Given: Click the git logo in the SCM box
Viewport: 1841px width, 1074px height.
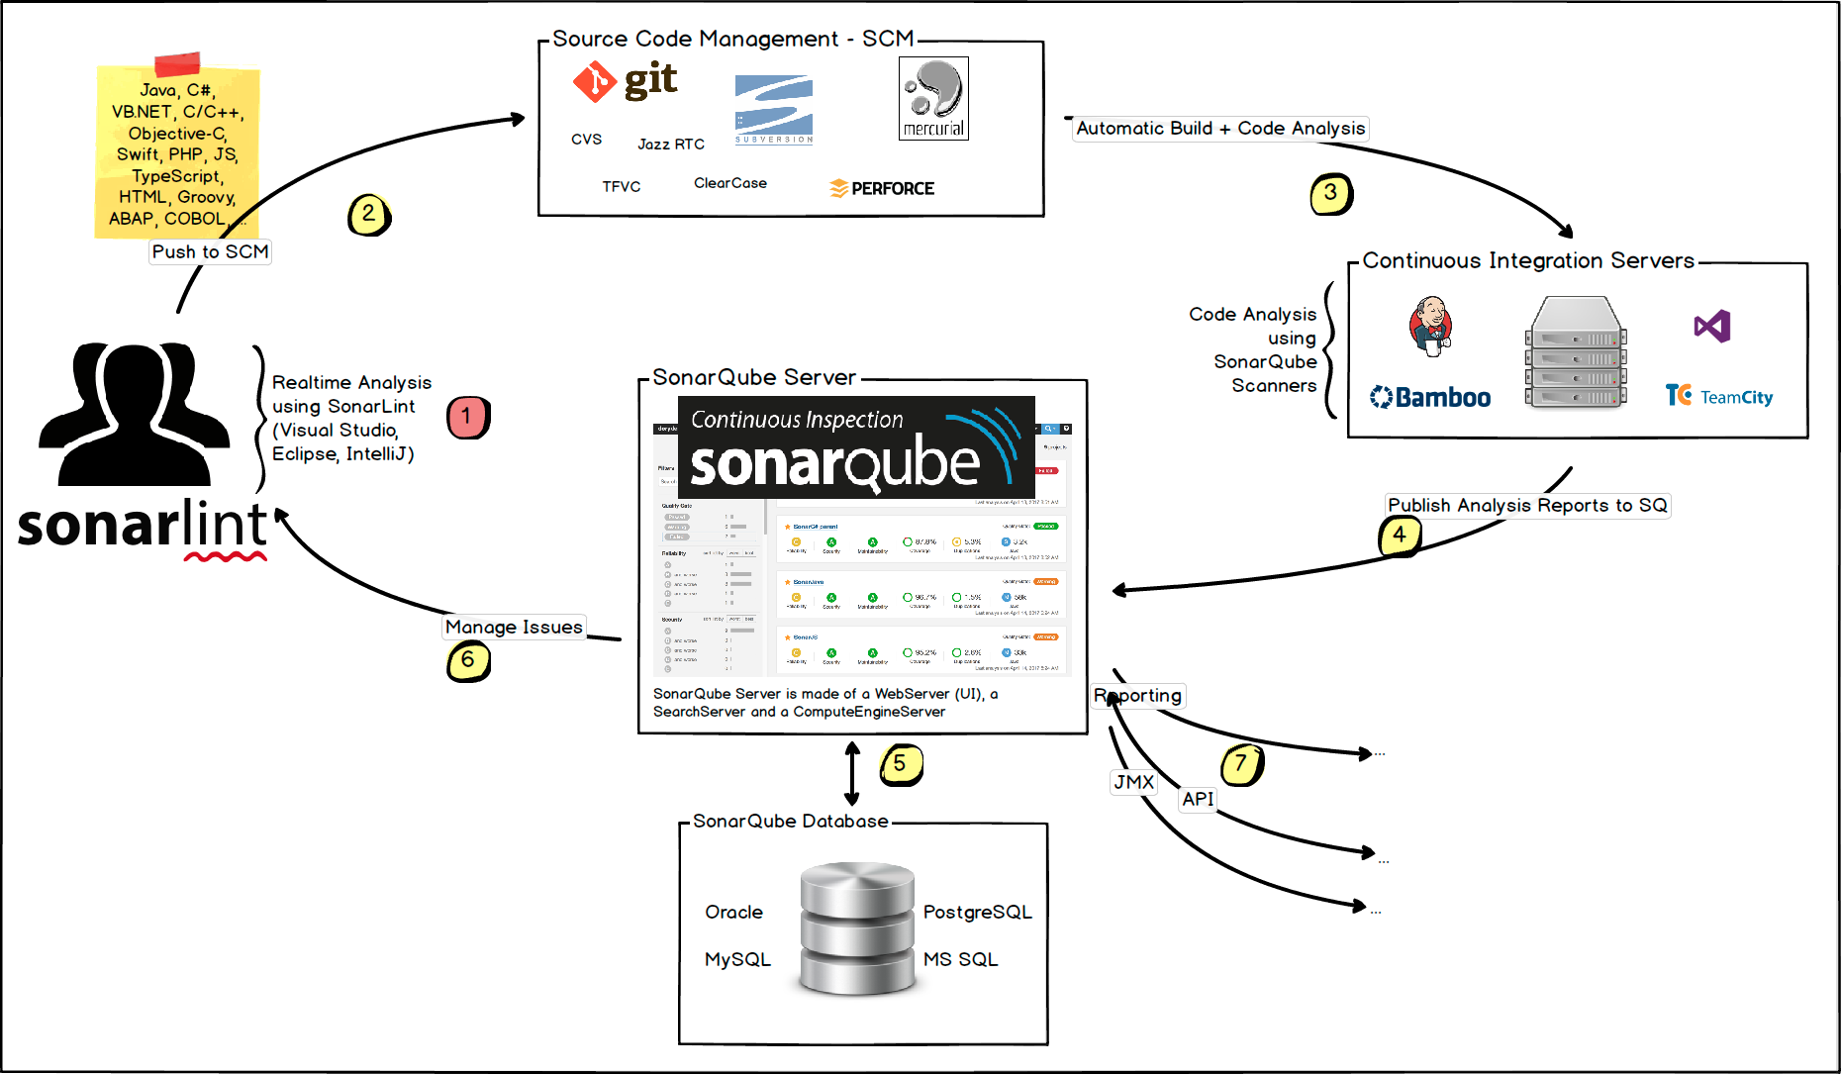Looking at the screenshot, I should tap(626, 81).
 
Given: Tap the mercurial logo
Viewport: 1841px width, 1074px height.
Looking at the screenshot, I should tap(933, 98).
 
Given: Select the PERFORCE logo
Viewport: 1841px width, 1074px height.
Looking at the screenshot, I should tap(882, 188).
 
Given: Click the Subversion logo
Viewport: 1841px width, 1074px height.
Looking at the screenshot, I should tap(774, 109).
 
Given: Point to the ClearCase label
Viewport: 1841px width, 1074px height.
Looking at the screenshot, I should tap(730, 183).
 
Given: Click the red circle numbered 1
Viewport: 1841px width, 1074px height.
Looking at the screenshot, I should tap(467, 417).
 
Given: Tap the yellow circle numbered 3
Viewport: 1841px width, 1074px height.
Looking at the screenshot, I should tap(1331, 194).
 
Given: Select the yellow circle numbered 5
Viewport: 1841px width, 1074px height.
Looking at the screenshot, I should tap(900, 764).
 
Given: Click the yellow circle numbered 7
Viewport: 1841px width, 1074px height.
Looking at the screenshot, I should tap(1241, 764).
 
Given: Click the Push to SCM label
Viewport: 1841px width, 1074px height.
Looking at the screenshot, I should tap(210, 251).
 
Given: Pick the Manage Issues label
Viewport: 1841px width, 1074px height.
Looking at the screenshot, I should tap(514, 627).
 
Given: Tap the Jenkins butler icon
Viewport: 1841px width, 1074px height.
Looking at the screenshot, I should tap(1430, 326).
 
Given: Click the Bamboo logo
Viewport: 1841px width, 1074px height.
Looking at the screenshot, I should tap(1430, 397).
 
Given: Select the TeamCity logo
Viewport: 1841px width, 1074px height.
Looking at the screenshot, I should tap(1719, 396).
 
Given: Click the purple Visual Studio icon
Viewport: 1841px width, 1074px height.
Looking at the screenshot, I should tap(1712, 326).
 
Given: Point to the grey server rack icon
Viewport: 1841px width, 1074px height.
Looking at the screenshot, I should tap(1576, 352).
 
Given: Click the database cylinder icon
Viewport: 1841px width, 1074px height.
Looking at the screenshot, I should tap(857, 928).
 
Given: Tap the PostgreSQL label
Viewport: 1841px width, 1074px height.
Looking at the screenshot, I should tap(977, 912).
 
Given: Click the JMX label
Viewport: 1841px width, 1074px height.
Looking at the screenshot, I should tap(1133, 782).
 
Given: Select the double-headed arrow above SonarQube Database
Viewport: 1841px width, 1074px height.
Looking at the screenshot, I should tap(852, 773).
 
